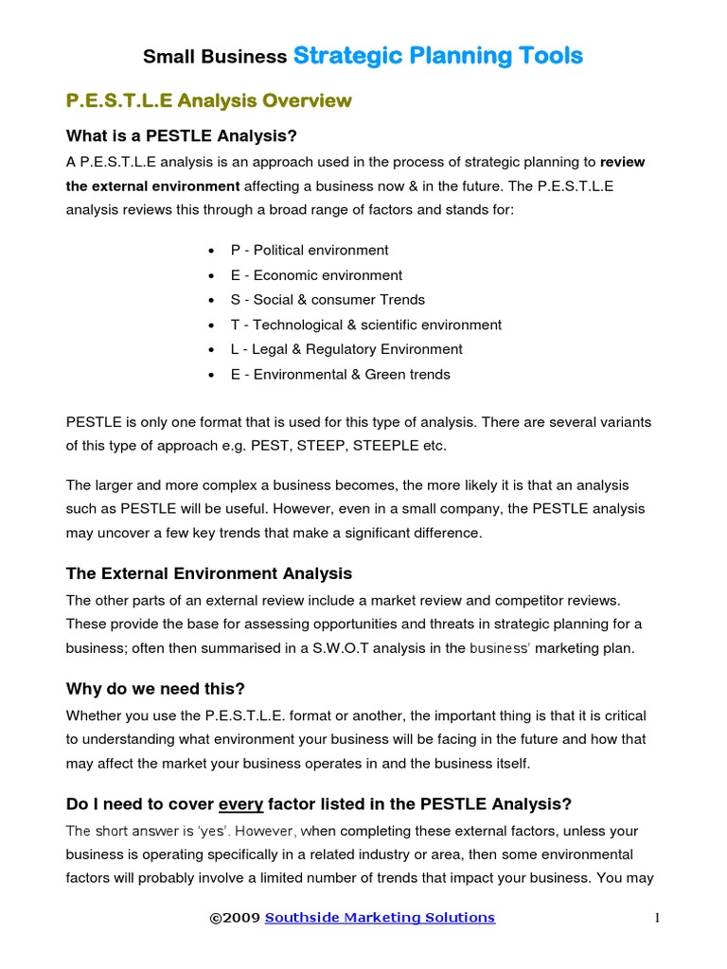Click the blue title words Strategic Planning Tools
[x=438, y=56]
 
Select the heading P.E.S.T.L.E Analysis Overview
[x=208, y=100]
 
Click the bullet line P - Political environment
[x=309, y=251]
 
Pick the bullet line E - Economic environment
[x=316, y=275]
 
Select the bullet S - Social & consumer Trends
[x=328, y=300]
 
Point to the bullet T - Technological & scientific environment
[x=365, y=325]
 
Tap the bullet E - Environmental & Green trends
[x=340, y=374]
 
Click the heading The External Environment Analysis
[x=208, y=573]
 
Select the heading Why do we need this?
[x=155, y=688]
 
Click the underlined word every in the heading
[x=241, y=804]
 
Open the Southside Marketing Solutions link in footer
[x=380, y=917]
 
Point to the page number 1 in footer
[x=656, y=917]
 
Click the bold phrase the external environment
[x=152, y=185]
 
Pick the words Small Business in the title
[x=215, y=58]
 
